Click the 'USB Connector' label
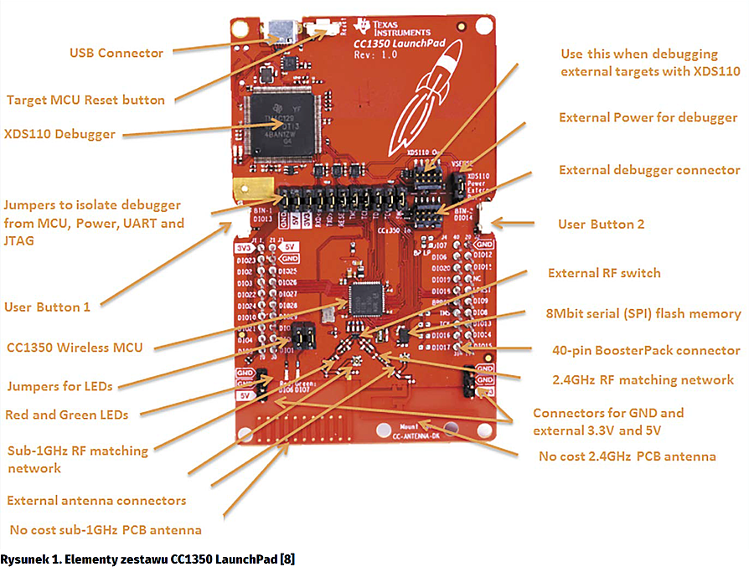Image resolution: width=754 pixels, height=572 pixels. coord(116,53)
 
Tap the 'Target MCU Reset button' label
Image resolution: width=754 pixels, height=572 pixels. coord(85,100)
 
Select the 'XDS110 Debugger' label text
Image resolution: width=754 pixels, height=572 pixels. coord(59,133)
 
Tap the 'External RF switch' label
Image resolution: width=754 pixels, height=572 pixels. coord(604,273)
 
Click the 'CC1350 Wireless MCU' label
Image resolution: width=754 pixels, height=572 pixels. coord(75,348)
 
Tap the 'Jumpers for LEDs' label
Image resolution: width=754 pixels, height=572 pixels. coord(59,386)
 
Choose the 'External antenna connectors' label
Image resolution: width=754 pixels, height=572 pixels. coord(96,501)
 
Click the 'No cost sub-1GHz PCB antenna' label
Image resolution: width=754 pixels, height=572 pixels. coord(106,530)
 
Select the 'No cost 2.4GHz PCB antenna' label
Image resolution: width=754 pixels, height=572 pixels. coord(627,456)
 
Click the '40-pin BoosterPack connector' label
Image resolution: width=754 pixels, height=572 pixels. coord(646,350)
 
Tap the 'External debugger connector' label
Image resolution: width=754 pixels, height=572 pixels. coord(649,170)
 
